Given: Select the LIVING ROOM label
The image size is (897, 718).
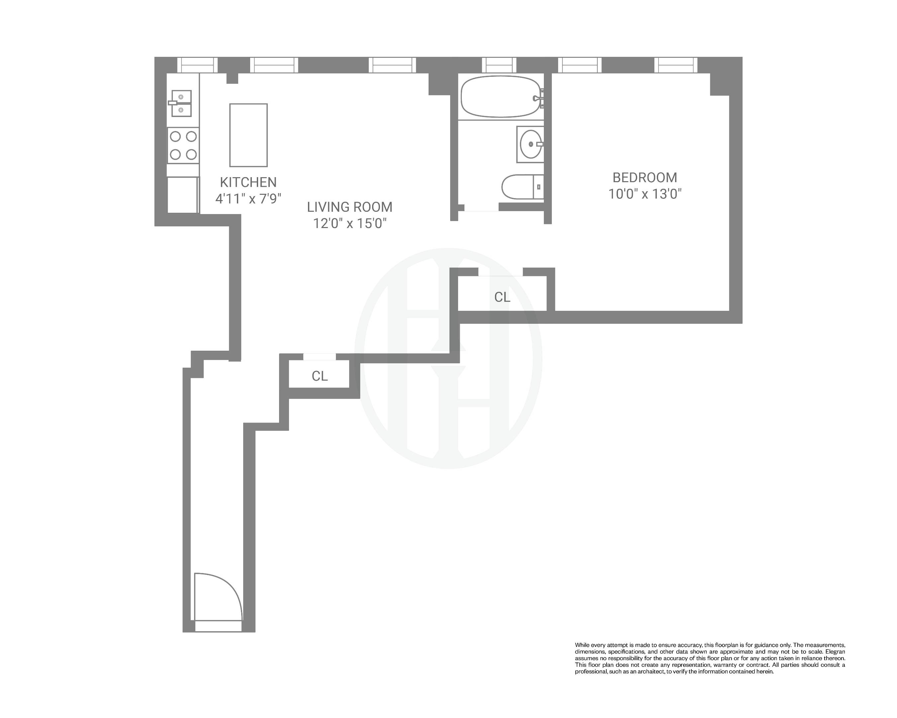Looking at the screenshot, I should [349, 207].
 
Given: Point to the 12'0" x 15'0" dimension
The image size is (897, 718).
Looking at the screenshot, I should [349, 223].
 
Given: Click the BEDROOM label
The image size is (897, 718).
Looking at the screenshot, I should [645, 178].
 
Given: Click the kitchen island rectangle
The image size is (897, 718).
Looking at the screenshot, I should [249, 135].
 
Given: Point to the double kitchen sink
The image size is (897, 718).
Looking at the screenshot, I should [181, 104].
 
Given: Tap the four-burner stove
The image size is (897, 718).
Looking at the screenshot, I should [183, 145].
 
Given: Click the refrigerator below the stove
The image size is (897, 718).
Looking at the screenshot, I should [183, 195].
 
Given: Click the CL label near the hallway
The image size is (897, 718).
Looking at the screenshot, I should [320, 376].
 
